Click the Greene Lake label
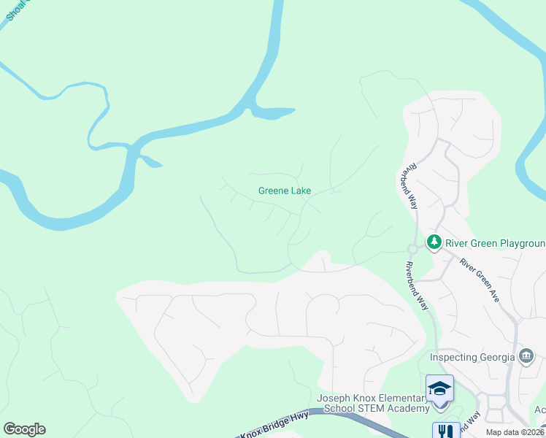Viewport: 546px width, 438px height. tap(285, 191)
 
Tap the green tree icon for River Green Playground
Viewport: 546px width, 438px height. tap(434, 241)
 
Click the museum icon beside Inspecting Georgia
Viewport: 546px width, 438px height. tap(526, 356)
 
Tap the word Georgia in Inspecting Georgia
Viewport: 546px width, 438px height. tap(501, 357)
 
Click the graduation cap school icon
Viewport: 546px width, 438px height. tap(439, 388)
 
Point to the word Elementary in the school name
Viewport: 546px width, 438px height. tap(401, 398)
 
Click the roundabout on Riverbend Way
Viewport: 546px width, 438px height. tap(412, 250)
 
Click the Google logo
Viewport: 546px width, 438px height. tap(24, 429)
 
